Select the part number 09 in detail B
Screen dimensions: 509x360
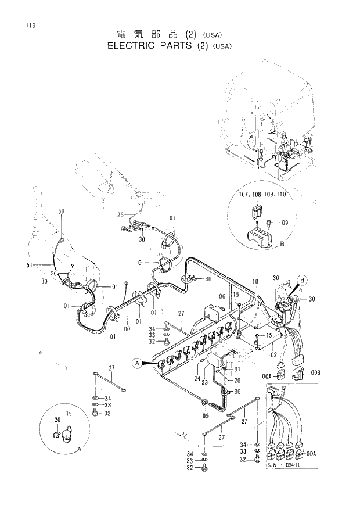pyautogui.click(x=285, y=223)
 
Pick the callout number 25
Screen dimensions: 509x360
pyautogui.click(x=121, y=215)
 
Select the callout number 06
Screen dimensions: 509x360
pyautogui.click(x=222, y=297)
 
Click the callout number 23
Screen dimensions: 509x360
pyautogui.click(x=205, y=383)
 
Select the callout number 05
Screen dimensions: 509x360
pyautogui.click(x=205, y=416)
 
